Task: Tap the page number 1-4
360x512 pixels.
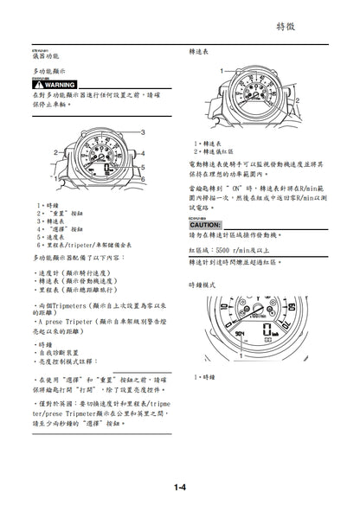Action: (180, 489)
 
